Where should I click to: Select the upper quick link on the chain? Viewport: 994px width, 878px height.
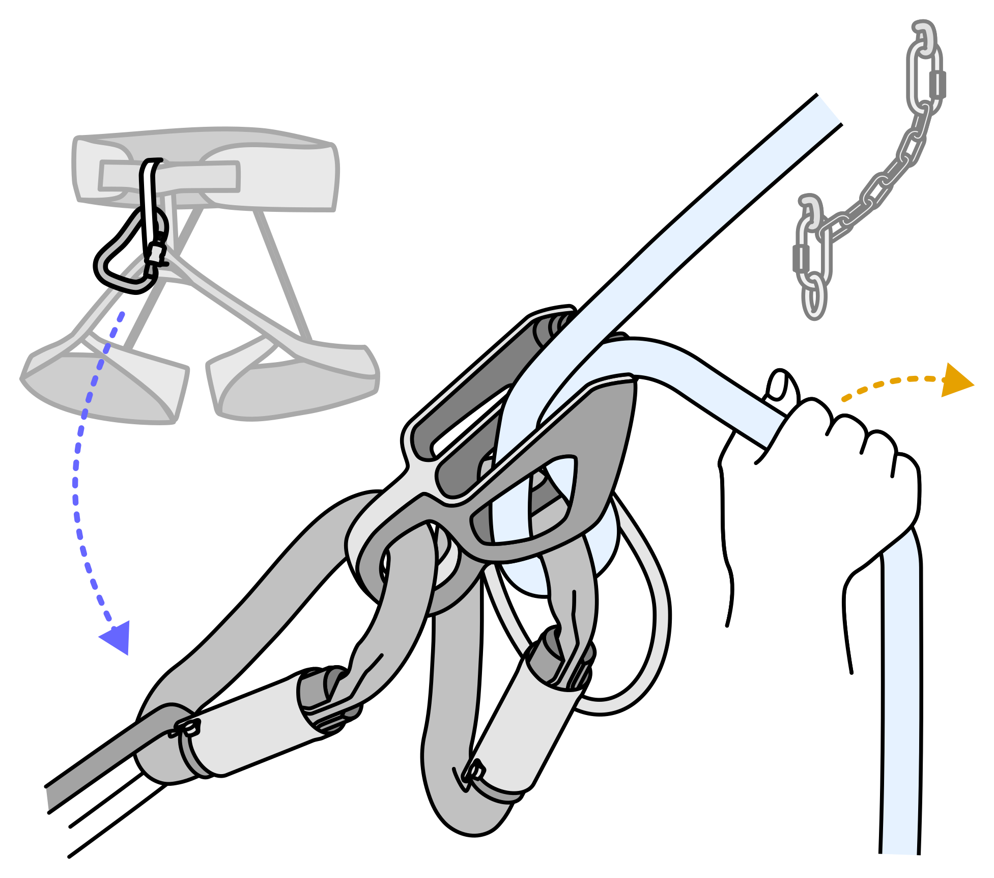[925, 79]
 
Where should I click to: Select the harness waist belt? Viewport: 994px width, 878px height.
[285, 173]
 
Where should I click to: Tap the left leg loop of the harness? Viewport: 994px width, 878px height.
[102, 387]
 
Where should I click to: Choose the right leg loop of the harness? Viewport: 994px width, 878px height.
[295, 387]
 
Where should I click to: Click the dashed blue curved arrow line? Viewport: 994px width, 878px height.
[76, 484]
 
